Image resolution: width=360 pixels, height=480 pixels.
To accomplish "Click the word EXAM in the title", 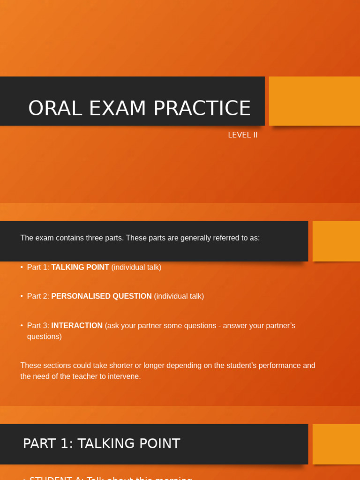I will [x=111, y=109].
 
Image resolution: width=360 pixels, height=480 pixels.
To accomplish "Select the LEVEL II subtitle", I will [x=242, y=135].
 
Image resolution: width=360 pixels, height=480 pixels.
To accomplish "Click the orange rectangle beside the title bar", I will [x=314, y=101].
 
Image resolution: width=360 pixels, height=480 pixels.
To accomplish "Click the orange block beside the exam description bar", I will [x=336, y=241].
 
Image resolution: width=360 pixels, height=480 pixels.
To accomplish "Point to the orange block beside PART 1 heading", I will [x=336, y=444].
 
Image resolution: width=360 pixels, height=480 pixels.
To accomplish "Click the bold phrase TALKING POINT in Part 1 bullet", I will [x=80, y=267].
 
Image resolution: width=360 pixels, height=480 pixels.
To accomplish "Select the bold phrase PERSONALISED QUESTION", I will [x=101, y=296].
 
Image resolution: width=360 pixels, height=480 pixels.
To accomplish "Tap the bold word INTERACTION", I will [x=77, y=325].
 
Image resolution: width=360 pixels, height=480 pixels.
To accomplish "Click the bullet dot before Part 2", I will [x=22, y=296].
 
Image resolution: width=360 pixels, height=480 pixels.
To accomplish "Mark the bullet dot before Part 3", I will [x=22, y=325].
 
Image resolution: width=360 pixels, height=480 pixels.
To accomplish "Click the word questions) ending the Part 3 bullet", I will [x=44, y=336].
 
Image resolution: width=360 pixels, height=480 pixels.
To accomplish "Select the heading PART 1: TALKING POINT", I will [x=101, y=443].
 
